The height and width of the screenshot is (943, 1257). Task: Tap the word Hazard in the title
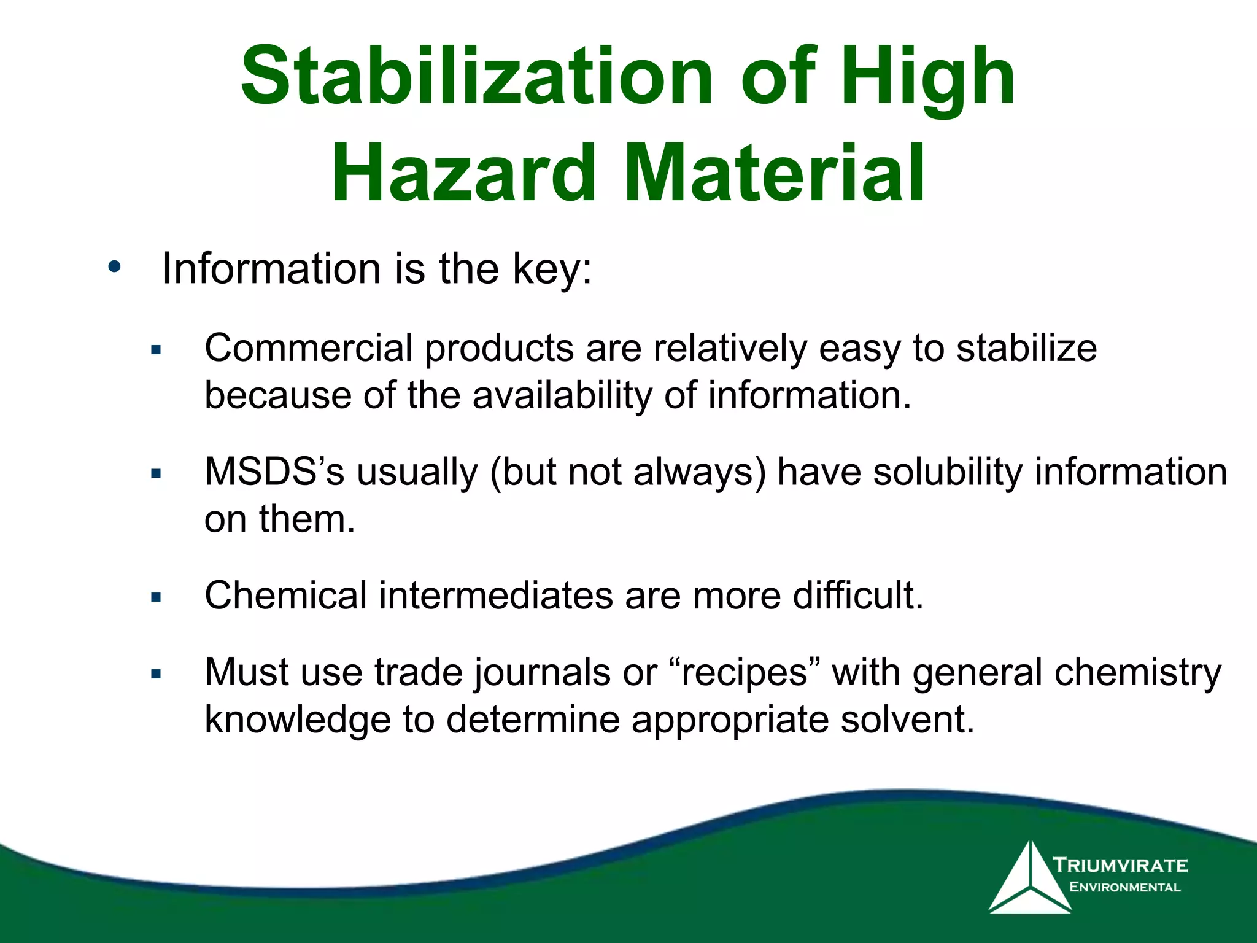463,173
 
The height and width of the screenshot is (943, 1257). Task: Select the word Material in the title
775,173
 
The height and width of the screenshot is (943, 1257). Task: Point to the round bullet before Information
114,267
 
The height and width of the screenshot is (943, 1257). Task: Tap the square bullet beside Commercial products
156,351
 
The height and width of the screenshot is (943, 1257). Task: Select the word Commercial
308,348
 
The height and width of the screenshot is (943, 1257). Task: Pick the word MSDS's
274,472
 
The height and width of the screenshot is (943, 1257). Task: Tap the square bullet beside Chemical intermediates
156,597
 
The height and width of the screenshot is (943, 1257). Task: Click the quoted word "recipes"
745,672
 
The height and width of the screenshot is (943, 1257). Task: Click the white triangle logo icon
1030,879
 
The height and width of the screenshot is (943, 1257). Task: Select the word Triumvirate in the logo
1121,866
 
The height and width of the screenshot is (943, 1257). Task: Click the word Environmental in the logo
1124,887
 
